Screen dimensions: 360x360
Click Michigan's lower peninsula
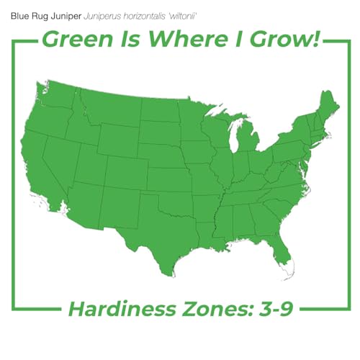coord(248,140)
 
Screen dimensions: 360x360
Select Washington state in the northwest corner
coord(56,97)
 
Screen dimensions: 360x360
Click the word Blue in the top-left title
coord(19,14)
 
